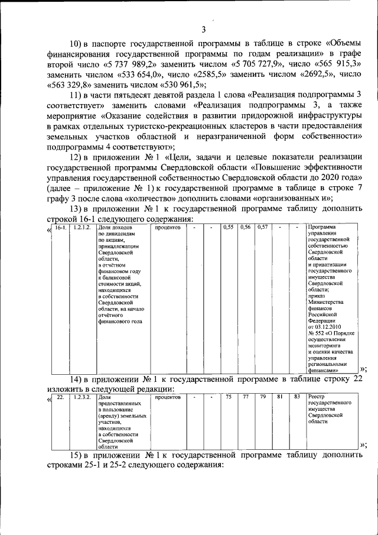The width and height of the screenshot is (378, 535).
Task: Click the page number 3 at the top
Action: (203, 30)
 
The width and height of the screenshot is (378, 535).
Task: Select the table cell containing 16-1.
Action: (60, 228)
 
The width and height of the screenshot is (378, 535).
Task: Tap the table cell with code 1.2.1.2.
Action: (83, 228)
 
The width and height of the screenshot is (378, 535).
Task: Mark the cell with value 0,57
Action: (263, 228)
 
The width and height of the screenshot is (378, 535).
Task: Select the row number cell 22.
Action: (60, 397)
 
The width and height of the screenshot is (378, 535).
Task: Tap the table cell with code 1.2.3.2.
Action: (83, 397)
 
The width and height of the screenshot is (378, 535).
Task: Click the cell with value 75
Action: (229, 397)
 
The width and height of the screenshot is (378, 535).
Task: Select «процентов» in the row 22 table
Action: (168, 397)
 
